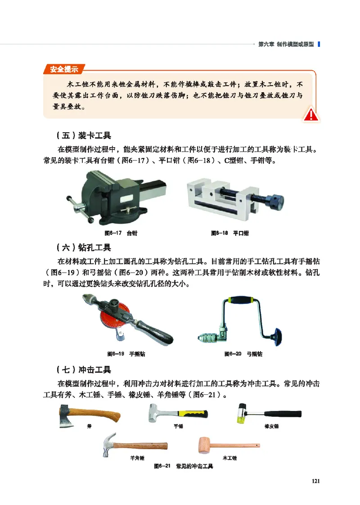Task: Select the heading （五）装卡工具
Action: coord(84,135)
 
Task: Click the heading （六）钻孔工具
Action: coord(84,248)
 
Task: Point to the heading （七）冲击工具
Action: coord(84,370)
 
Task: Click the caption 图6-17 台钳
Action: coord(121,234)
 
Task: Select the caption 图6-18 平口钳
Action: coord(230,234)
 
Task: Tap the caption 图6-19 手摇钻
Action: coord(126,354)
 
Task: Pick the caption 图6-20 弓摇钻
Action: coord(243,354)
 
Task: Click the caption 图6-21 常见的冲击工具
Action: coord(183,466)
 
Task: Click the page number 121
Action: coord(315,481)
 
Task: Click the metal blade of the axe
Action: coord(66,416)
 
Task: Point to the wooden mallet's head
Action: coord(206,445)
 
